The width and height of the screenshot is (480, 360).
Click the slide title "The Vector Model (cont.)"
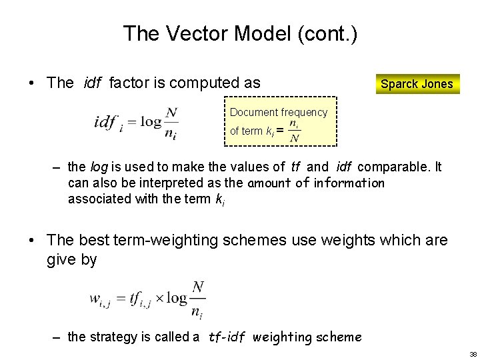pyautogui.click(x=240, y=33)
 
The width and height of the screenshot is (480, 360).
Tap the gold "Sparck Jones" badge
pyautogui.click(x=417, y=84)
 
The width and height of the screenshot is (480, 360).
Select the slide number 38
pyautogui.click(x=473, y=354)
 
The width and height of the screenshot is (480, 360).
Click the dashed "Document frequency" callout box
pyautogui.click(x=279, y=121)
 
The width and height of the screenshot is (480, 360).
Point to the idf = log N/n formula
pyautogui.click(x=136, y=123)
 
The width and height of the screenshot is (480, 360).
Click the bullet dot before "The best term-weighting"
pyautogui.click(x=31, y=241)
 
